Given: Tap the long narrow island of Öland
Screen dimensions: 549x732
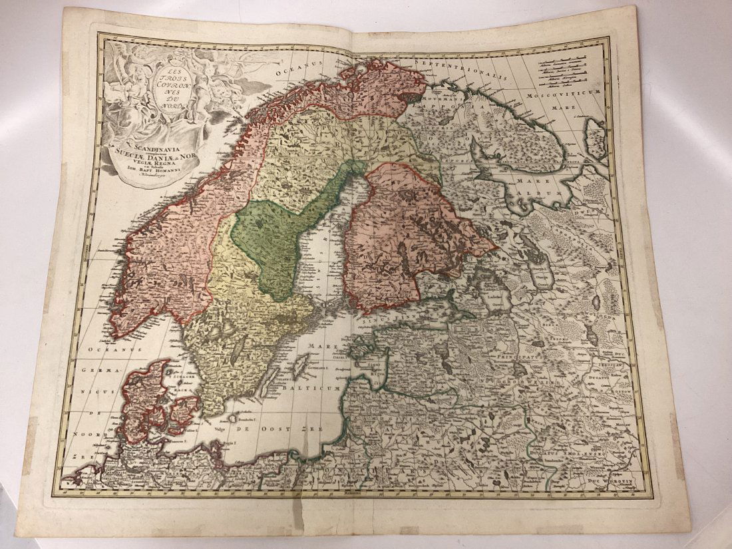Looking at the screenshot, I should click(x=270, y=382).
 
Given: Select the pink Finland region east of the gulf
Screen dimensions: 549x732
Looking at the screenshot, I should click(x=399, y=233).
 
